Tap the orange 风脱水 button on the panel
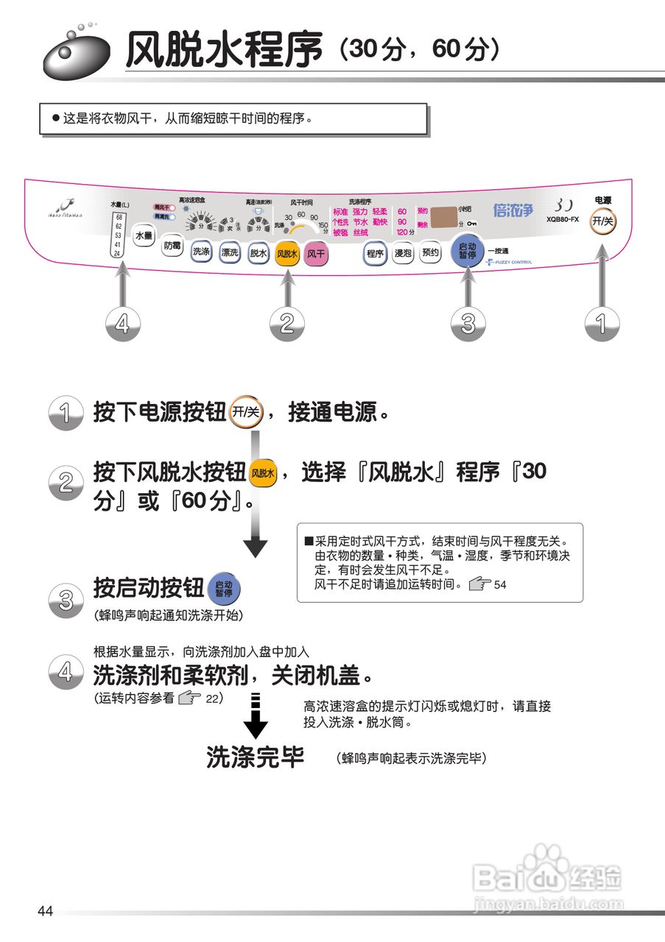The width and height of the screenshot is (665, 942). (x=286, y=254)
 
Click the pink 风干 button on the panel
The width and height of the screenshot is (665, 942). (x=316, y=254)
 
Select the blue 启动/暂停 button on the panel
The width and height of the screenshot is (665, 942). (x=467, y=252)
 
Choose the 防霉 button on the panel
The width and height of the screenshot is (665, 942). (x=172, y=245)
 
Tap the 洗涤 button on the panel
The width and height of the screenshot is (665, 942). (x=201, y=252)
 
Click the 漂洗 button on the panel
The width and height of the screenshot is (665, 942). (x=230, y=252)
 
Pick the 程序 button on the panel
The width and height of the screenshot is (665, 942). (x=375, y=254)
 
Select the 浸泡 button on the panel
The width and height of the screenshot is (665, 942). (x=403, y=254)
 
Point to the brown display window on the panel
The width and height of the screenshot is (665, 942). (x=443, y=217)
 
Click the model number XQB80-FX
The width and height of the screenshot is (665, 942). (x=563, y=219)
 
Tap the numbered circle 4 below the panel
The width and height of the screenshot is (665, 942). (x=123, y=323)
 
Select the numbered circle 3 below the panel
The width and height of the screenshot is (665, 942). (x=468, y=323)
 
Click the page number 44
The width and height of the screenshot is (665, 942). (x=46, y=912)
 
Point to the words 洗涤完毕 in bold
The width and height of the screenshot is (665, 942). (x=256, y=757)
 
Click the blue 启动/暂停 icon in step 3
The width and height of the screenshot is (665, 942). (x=224, y=589)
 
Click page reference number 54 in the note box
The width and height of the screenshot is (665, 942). (x=501, y=586)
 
